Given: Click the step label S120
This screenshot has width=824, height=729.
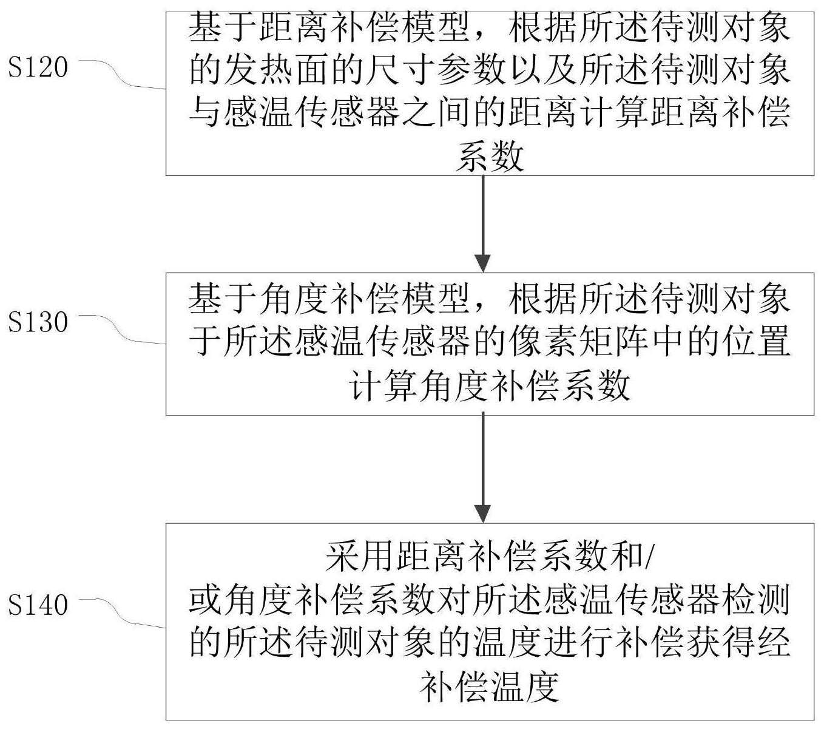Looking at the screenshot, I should click(38, 67).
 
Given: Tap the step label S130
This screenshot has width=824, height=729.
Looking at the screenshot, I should click(38, 322).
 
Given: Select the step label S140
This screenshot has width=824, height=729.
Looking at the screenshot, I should click(38, 605).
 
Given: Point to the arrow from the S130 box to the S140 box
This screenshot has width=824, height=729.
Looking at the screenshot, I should click(483, 468).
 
